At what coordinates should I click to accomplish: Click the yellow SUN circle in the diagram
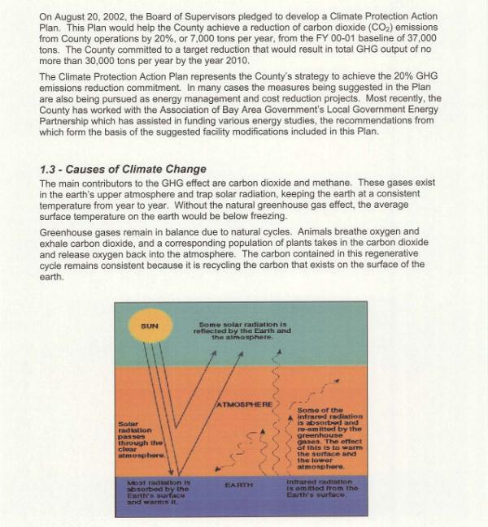(149, 327)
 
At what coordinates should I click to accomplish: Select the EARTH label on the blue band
(239, 485)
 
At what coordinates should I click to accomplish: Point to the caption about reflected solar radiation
(242, 330)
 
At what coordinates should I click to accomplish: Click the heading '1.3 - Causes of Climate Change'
(124, 169)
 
